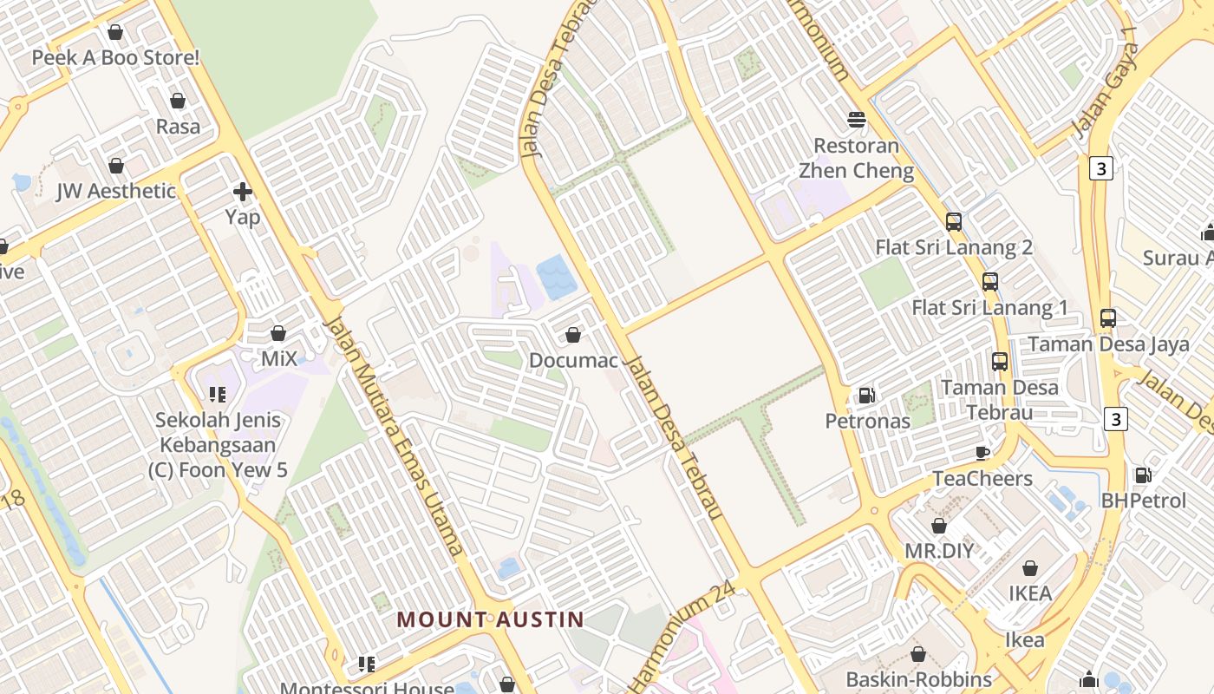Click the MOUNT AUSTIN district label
pyautogui.click(x=490, y=619)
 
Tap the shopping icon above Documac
pyautogui.click(x=572, y=334)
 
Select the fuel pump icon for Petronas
pyautogui.click(x=866, y=396)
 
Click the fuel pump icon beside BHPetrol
pyautogui.click(x=1144, y=475)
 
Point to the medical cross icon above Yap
pyautogui.click(x=243, y=191)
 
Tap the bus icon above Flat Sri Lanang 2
pyautogui.click(x=954, y=221)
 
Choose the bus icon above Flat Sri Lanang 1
pyautogui.click(x=990, y=281)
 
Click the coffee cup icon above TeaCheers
pyautogui.click(x=982, y=452)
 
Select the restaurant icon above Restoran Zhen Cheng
pyautogui.click(x=857, y=119)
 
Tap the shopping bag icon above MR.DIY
pyautogui.click(x=938, y=526)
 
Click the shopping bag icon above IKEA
pyautogui.click(x=1030, y=568)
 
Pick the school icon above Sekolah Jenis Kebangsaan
pyautogui.click(x=218, y=395)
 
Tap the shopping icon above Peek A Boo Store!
pyautogui.click(x=115, y=32)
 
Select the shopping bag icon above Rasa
pyautogui.click(x=178, y=101)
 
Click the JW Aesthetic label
pyautogui.click(x=116, y=191)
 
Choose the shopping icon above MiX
pyautogui.click(x=278, y=333)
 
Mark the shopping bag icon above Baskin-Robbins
pyautogui.click(x=918, y=654)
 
